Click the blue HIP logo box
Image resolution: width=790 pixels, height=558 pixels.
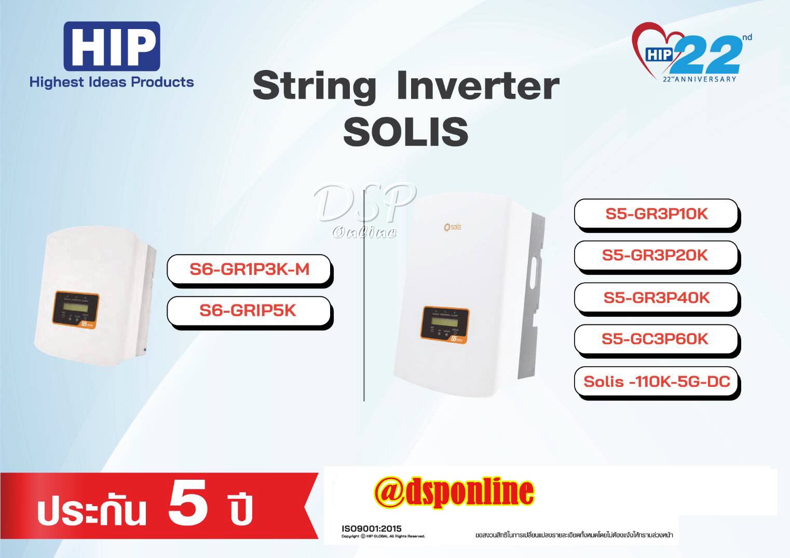112,46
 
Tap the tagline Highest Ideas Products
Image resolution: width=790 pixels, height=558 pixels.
112,82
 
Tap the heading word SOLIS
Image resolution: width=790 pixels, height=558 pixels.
405,131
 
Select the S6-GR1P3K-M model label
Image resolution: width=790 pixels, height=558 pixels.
249,269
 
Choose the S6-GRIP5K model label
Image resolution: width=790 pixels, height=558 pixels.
248,311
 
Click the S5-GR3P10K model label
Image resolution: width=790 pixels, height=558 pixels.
656,214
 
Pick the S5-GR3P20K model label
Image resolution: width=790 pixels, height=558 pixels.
655,255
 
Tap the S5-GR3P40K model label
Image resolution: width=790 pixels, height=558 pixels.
656,298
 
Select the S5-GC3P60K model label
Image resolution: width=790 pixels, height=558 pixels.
655,339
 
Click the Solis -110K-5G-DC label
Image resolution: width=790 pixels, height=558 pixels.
657,382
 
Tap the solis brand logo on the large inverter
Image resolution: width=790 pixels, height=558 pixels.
453,227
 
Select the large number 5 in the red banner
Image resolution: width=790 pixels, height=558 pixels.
188,501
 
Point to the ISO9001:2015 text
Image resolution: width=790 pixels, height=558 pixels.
371,528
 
